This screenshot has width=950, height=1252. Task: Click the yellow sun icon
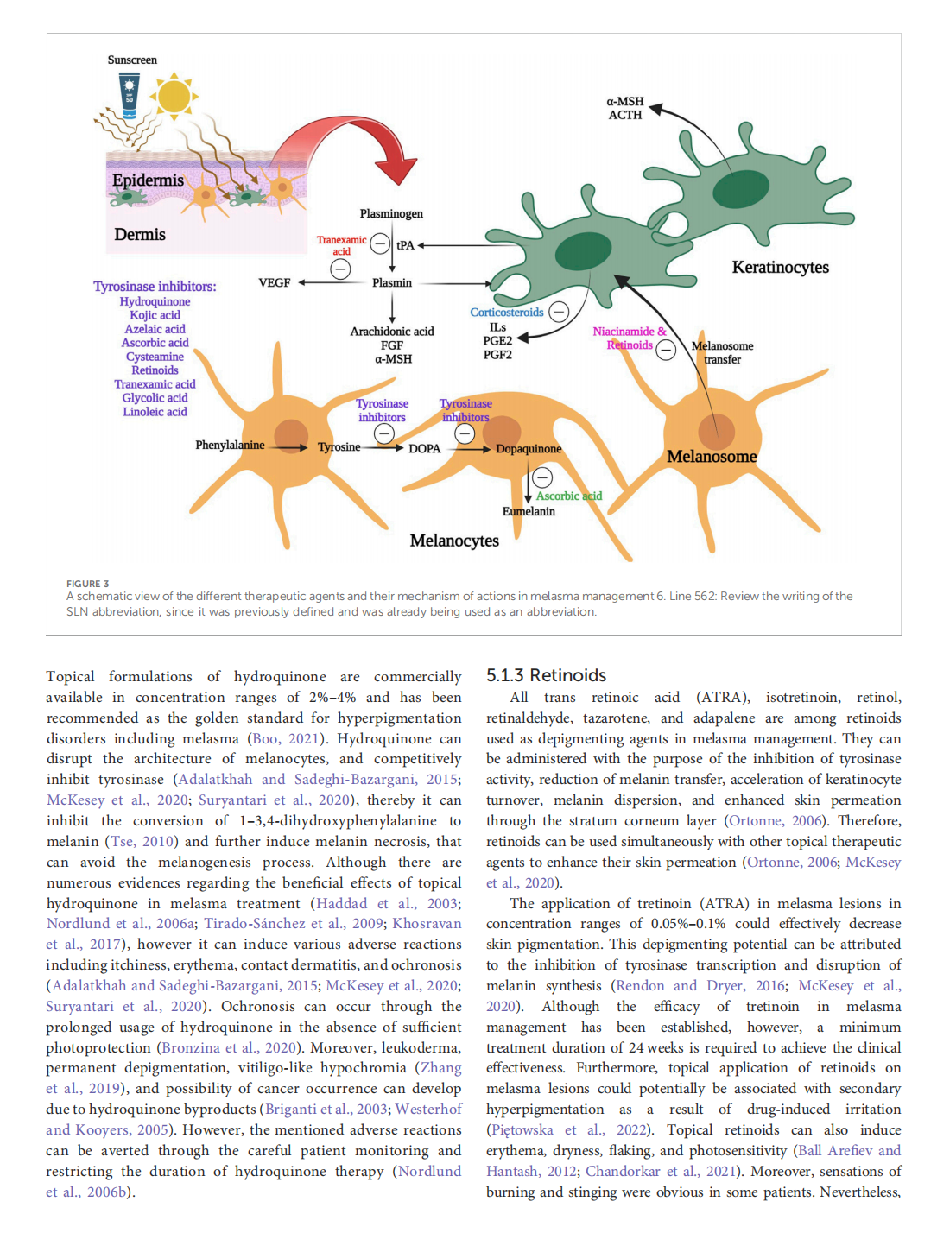pyautogui.click(x=174, y=96)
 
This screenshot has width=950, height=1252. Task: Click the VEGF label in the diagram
pyautogui.click(x=275, y=282)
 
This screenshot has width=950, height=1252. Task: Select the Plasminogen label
pyautogui.click(x=391, y=213)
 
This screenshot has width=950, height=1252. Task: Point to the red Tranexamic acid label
pyautogui.click(x=341, y=245)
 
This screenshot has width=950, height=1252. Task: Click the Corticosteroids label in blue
pyautogui.click(x=507, y=312)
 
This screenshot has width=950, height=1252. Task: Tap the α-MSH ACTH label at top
pyautogui.click(x=625, y=108)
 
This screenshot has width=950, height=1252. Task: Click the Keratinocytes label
pyautogui.click(x=780, y=267)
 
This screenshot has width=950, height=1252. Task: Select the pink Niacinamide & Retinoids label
pyautogui.click(x=630, y=338)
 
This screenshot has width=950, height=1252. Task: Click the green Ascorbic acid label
pyautogui.click(x=568, y=496)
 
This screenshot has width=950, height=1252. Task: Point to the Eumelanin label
pyautogui.click(x=529, y=511)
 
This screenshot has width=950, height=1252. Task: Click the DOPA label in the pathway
pyautogui.click(x=424, y=448)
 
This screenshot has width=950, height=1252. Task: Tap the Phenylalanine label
pyautogui.click(x=230, y=445)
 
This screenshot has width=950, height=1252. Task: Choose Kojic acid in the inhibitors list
pyautogui.click(x=155, y=315)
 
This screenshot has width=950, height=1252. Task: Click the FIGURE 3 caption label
pyautogui.click(x=88, y=584)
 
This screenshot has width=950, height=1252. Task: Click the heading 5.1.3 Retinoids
pyautogui.click(x=546, y=675)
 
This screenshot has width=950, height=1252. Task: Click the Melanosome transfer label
pyautogui.click(x=722, y=352)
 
